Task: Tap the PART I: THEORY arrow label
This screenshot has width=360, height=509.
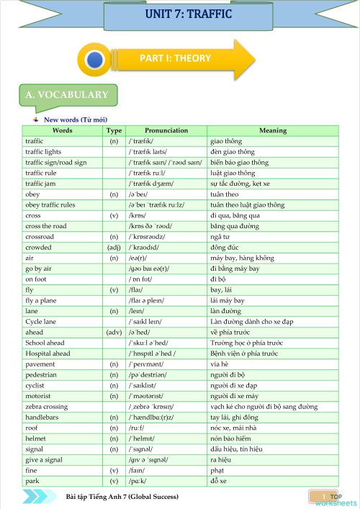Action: tap(175, 58)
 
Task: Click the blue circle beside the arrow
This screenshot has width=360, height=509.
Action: tap(93, 58)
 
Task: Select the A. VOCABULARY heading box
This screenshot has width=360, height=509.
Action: tap(66, 94)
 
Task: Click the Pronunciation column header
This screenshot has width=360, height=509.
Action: tap(166, 130)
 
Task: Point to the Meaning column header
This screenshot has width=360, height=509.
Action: tap(272, 130)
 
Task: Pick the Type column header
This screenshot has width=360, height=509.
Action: tap(114, 130)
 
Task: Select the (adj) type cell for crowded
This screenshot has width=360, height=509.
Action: tap(114, 247)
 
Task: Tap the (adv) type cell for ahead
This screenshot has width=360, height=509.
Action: tap(114, 332)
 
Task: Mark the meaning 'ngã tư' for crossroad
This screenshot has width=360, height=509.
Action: tap(219, 236)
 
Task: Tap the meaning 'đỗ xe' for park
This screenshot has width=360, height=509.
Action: tap(220, 480)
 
